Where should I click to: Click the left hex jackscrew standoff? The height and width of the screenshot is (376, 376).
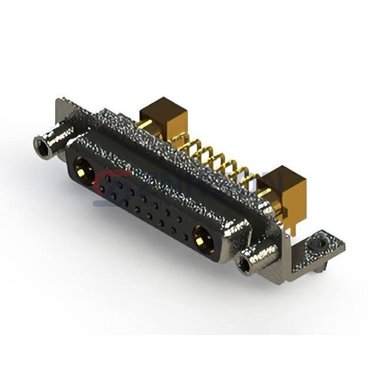pos(51,143)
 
